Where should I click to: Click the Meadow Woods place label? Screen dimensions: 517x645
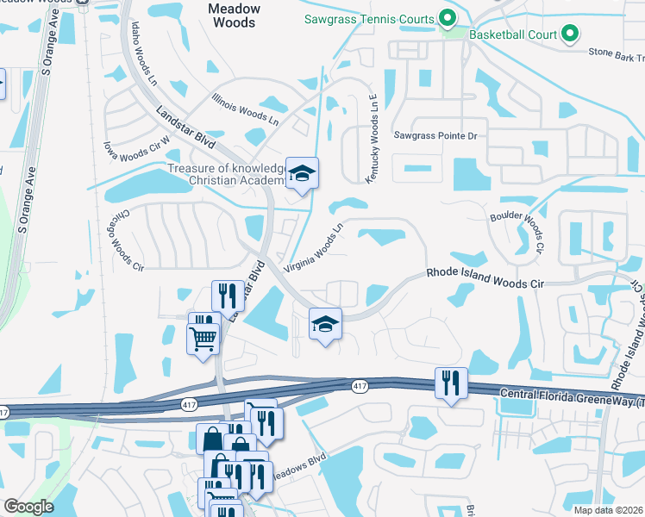click(x=235, y=16)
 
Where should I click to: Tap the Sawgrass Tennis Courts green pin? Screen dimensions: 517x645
click(x=447, y=18)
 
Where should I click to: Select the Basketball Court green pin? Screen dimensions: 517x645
click(x=569, y=34)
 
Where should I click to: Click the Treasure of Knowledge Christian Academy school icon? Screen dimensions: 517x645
click(x=302, y=173)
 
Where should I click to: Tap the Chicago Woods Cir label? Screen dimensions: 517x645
click(x=126, y=239)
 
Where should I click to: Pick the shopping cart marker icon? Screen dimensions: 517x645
click(x=203, y=339)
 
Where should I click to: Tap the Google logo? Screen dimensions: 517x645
click(x=28, y=507)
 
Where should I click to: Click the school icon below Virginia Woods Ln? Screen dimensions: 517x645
click(x=325, y=324)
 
